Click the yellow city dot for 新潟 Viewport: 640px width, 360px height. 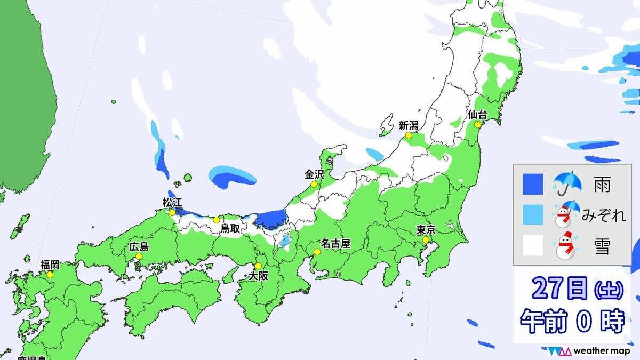[409, 136]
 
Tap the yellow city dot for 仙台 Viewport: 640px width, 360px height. [477, 125]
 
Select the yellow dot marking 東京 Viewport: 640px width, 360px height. [426, 241]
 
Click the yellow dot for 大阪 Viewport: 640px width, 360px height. [258, 266]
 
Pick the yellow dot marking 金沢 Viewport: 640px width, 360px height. [314, 185]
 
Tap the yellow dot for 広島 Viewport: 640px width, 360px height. [139, 257]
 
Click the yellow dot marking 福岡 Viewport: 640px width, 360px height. [50, 275]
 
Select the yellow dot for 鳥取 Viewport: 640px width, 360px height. [216, 220]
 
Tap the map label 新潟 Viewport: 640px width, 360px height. [409, 126]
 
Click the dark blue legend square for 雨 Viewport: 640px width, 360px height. [533, 185]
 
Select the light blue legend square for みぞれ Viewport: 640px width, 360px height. [533, 215]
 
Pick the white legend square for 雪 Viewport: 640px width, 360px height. [533, 245]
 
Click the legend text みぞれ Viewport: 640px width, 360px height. [603, 215]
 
